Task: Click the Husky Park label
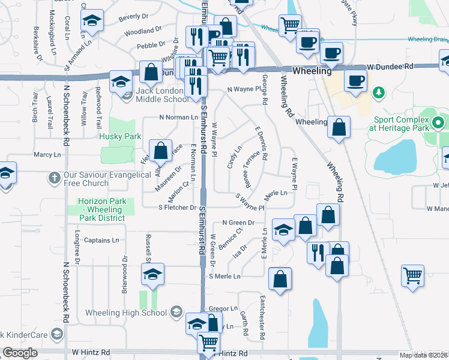121,136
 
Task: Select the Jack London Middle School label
162,95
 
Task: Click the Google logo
20,353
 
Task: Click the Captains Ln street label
101,240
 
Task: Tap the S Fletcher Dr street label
178,208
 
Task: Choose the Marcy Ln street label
47,155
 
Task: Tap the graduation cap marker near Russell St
152,275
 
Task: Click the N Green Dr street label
238,223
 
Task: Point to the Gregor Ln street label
224,308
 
